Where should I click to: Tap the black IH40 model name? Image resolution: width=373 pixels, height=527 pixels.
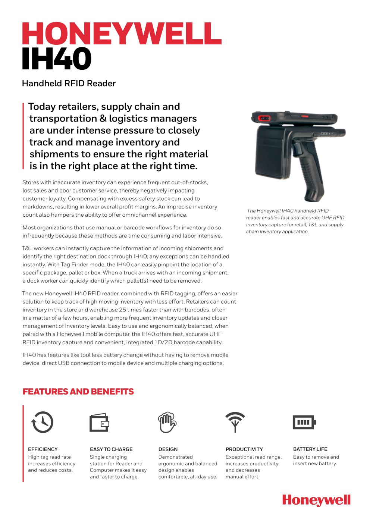(56, 59)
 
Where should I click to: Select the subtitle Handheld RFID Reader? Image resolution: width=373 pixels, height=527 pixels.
(69, 83)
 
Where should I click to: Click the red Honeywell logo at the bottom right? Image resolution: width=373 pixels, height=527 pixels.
(316, 500)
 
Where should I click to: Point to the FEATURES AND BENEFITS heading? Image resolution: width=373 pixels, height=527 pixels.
(78, 392)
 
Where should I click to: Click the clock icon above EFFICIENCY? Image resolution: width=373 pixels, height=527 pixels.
(42, 422)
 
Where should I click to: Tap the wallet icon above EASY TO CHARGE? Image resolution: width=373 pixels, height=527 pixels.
(99, 423)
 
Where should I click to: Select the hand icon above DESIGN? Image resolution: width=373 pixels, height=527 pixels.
(167, 422)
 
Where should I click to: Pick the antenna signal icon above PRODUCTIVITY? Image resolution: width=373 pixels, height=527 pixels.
(235, 421)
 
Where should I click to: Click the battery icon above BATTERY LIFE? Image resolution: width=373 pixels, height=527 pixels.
(304, 422)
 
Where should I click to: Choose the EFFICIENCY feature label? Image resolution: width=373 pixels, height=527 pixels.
(43, 449)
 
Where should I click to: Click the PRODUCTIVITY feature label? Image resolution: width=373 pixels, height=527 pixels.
(244, 449)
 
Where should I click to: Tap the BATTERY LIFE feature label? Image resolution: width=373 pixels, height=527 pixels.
(310, 449)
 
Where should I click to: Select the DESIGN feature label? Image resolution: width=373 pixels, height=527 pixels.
(168, 449)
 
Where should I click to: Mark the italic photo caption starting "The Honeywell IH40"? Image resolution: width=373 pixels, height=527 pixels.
(295, 221)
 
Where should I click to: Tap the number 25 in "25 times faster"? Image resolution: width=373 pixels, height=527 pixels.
(122, 310)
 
